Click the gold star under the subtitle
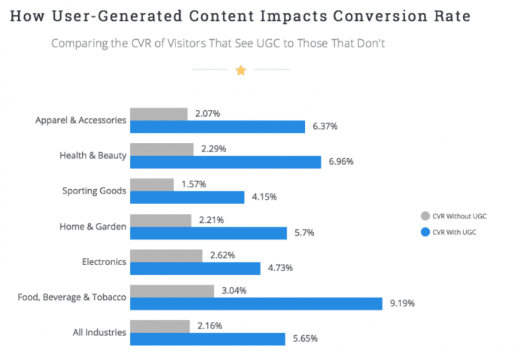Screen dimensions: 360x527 click(x=241, y=70)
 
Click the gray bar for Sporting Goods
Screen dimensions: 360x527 click(x=152, y=185)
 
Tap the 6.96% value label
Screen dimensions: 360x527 click(x=342, y=162)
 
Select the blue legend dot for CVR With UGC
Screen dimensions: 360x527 click(x=427, y=232)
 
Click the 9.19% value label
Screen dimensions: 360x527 click(x=401, y=304)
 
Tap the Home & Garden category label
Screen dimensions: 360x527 click(x=93, y=226)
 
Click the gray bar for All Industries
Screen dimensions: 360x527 click(x=160, y=325)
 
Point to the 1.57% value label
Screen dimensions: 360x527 click(x=193, y=185)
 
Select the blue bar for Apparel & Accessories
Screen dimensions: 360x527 click(x=218, y=127)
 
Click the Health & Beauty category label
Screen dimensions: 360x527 click(x=93, y=156)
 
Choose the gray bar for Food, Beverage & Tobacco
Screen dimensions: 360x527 click(x=174, y=291)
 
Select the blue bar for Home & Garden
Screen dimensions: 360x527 click(x=209, y=233)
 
